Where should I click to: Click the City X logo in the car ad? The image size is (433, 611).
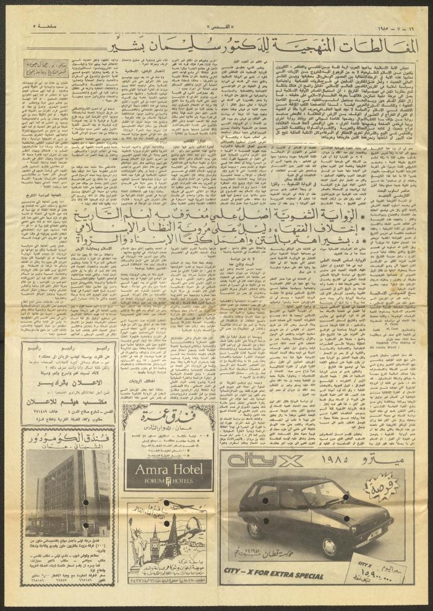(262, 461)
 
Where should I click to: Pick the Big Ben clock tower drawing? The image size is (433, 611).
(155, 545)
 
